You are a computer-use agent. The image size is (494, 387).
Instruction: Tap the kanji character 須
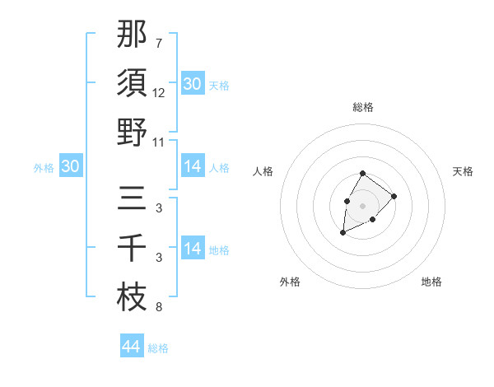(132, 82)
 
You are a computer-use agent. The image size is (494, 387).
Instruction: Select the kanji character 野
(132, 132)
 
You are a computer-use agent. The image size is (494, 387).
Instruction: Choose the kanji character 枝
(132, 297)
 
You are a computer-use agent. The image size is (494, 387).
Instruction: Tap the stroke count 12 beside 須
(159, 93)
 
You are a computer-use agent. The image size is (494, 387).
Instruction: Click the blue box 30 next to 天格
(192, 84)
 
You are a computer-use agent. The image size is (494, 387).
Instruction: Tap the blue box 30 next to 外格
(70, 167)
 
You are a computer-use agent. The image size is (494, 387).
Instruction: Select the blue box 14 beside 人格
(192, 167)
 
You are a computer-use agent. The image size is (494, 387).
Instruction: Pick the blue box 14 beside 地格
(192, 249)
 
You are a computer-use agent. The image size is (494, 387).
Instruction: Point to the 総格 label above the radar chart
(362, 108)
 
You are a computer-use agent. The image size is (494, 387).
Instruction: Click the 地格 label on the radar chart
(431, 282)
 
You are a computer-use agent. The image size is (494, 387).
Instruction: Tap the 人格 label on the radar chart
(263, 171)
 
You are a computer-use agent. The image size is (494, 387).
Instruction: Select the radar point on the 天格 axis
(394, 196)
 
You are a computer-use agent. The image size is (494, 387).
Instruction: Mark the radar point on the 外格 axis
(343, 233)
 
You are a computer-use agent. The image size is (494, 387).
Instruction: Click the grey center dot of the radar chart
(362, 205)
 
